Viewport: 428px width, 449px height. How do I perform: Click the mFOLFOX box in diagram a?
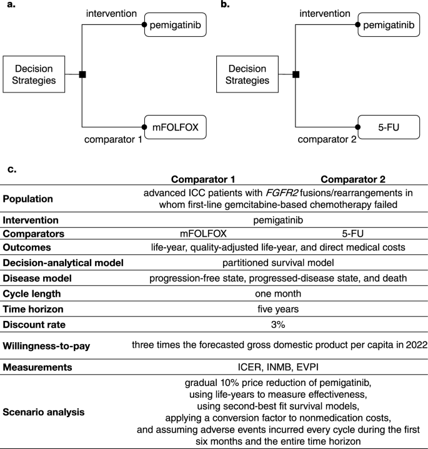[x=175, y=127]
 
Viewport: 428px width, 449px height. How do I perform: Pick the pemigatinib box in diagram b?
[x=388, y=26]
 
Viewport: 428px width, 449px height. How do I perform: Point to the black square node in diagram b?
[x=296, y=75]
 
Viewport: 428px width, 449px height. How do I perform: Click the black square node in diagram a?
[x=82, y=75]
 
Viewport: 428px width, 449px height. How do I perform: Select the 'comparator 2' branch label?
[x=327, y=139]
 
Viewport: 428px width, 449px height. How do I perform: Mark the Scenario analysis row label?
[x=43, y=412]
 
